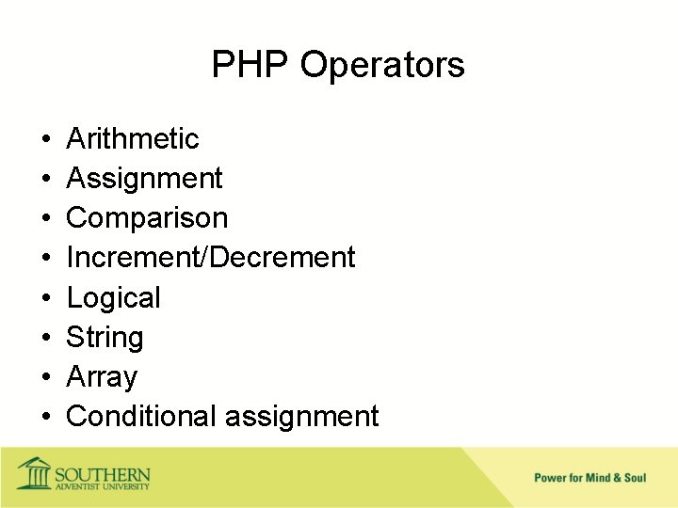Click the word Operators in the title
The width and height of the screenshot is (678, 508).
point(382,65)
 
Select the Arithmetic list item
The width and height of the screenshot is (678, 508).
point(133,139)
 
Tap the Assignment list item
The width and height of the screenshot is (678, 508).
point(144,179)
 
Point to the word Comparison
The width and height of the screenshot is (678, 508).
point(147,218)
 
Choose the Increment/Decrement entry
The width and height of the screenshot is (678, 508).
point(211,257)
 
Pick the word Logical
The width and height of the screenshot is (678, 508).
point(113,297)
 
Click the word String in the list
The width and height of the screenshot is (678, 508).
point(105,337)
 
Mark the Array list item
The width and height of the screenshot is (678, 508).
point(102,377)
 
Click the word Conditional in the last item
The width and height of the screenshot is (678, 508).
point(140,416)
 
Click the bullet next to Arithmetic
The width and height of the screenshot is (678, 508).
point(46,140)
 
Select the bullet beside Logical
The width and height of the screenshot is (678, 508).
point(46,298)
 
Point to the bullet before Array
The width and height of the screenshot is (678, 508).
point(46,377)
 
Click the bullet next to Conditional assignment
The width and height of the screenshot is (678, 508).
point(46,417)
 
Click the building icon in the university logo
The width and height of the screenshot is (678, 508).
point(35,472)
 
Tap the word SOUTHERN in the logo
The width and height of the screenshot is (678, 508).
point(102,472)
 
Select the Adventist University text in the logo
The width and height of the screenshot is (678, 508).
point(102,485)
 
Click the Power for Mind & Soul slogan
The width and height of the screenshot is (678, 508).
point(590,478)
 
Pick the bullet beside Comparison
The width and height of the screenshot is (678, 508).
point(46,219)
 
